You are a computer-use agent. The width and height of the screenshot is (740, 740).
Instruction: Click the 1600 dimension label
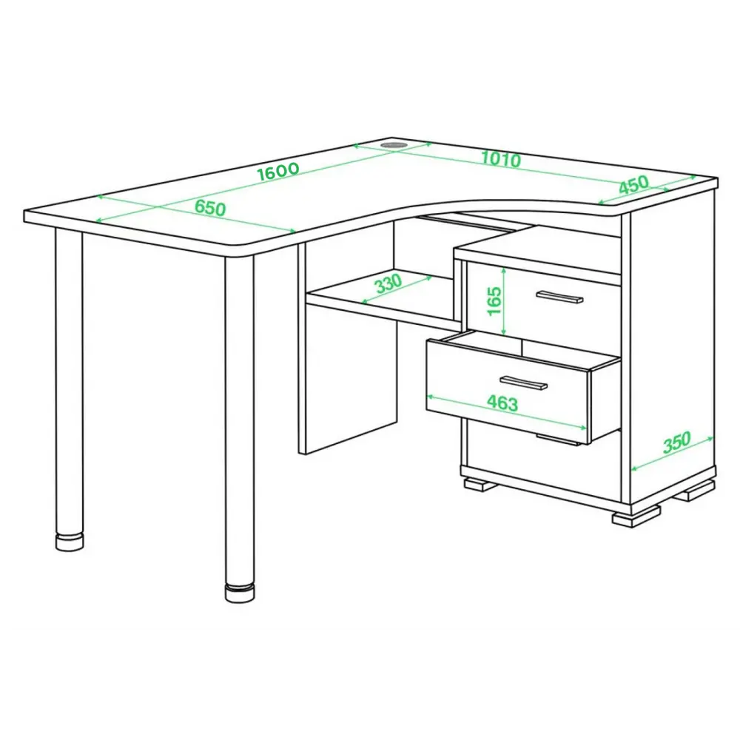point(278,171)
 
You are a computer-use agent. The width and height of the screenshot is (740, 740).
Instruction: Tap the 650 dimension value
point(210,208)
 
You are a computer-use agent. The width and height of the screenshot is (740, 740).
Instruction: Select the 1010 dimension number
point(501,159)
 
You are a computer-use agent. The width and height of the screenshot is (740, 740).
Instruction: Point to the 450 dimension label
point(634,184)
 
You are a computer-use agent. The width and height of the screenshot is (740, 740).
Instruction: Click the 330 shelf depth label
point(388,283)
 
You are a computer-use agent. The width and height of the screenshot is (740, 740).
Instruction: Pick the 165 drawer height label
point(493,300)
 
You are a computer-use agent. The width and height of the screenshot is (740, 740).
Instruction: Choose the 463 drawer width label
point(502,403)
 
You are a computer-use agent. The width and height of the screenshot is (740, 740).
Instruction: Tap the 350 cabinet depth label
point(677,443)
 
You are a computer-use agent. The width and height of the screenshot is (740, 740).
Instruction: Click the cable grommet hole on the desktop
point(394,144)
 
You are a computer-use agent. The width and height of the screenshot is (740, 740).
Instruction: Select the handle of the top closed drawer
point(559,297)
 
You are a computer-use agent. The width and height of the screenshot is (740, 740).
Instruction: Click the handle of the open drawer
point(523,383)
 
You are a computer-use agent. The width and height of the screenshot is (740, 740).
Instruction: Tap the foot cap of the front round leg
point(240,593)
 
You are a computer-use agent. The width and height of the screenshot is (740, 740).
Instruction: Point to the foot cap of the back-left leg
point(70,542)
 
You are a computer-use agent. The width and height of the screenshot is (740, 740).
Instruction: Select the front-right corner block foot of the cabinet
point(636,517)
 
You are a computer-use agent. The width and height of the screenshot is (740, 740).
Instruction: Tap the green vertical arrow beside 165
point(504,301)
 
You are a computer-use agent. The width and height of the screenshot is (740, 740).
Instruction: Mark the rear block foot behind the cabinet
point(695,491)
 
